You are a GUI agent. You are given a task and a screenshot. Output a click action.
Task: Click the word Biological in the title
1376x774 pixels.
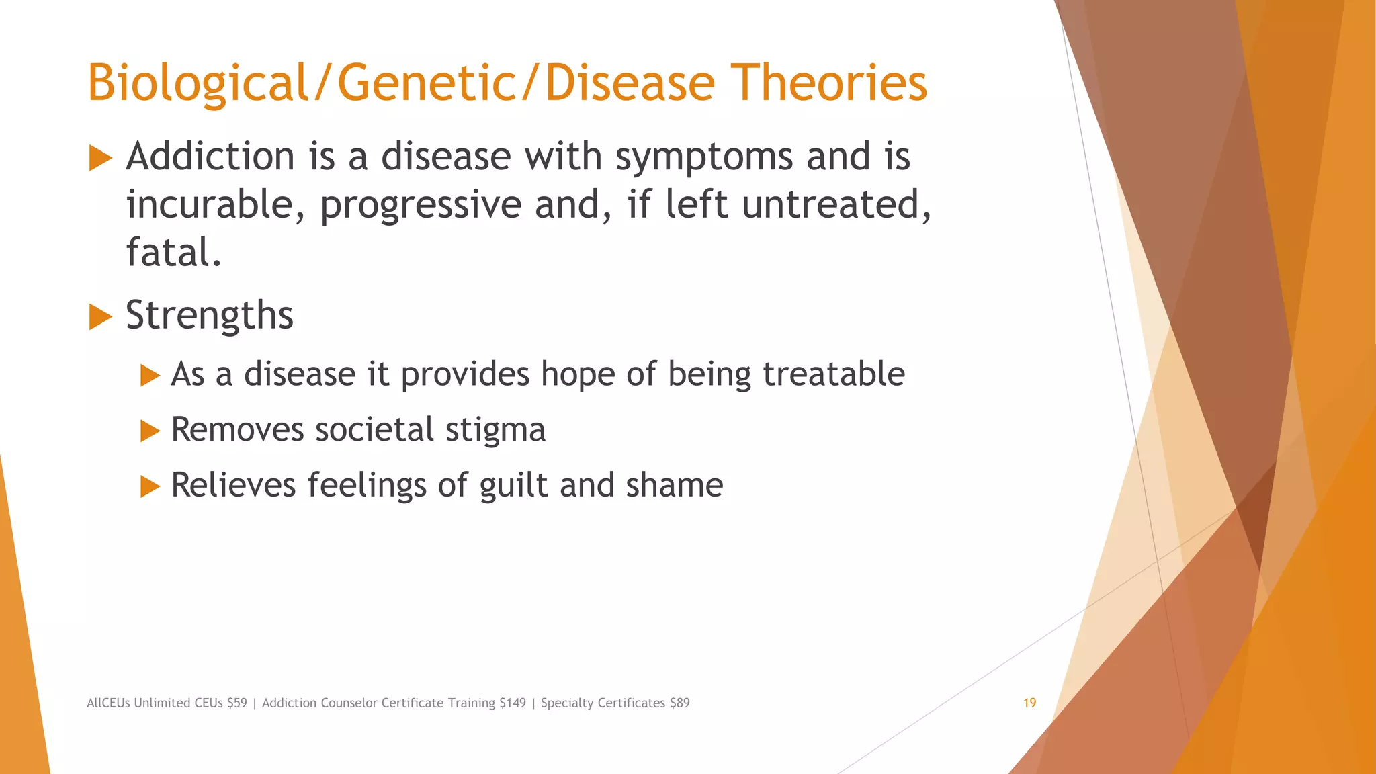197,83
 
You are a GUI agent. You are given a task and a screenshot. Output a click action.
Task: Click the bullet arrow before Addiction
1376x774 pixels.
100,159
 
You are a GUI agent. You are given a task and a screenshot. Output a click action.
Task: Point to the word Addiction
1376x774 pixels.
210,157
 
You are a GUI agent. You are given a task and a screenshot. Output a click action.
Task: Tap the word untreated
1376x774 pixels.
836,204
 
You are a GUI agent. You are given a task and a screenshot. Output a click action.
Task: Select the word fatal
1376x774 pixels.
173,253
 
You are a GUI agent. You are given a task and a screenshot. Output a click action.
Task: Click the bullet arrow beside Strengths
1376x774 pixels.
100,316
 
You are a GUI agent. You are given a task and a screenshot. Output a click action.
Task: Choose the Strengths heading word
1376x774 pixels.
210,315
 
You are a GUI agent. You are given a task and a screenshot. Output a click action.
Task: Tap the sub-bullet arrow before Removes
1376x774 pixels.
150,431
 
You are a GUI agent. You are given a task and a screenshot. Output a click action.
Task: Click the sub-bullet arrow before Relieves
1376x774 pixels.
150,486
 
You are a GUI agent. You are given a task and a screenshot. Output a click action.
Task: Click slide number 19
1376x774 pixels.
1029,703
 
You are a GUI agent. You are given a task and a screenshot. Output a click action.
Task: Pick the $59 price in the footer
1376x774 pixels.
237,703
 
